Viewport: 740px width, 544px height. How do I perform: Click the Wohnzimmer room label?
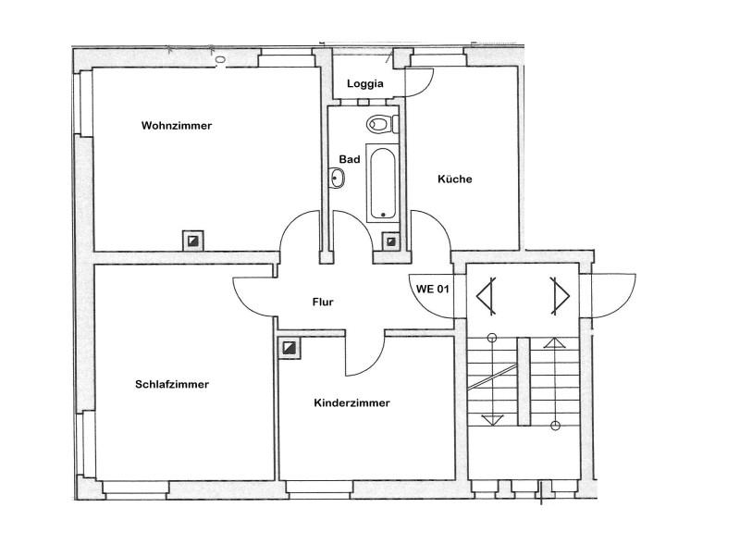[177, 125]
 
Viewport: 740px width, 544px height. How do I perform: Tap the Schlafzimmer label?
[172, 384]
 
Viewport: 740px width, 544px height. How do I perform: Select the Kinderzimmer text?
[351, 402]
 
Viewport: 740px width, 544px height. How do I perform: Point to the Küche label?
[455, 179]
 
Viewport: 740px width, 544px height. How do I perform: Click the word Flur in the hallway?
[322, 302]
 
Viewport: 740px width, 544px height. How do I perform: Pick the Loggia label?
[365, 84]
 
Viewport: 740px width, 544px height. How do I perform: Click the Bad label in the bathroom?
[349, 159]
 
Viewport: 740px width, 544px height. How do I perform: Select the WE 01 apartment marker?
[433, 289]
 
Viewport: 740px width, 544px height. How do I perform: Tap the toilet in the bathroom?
[379, 123]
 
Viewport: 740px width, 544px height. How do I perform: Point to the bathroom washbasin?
[337, 178]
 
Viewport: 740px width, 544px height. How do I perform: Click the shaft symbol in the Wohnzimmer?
[192, 241]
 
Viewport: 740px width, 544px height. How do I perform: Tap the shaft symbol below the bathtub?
[391, 241]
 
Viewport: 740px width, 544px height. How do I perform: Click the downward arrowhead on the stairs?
[493, 418]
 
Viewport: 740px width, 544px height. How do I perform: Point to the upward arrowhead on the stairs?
[555, 343]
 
